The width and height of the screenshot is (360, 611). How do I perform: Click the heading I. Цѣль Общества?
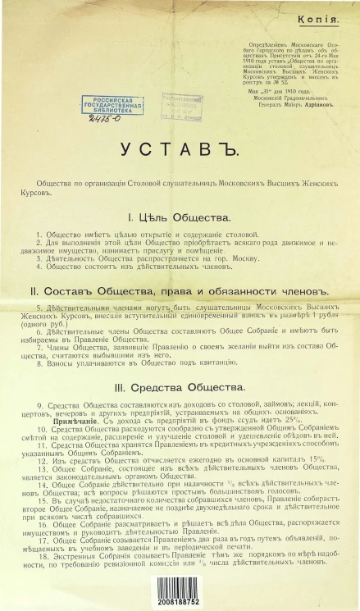[x=176, y=217]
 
